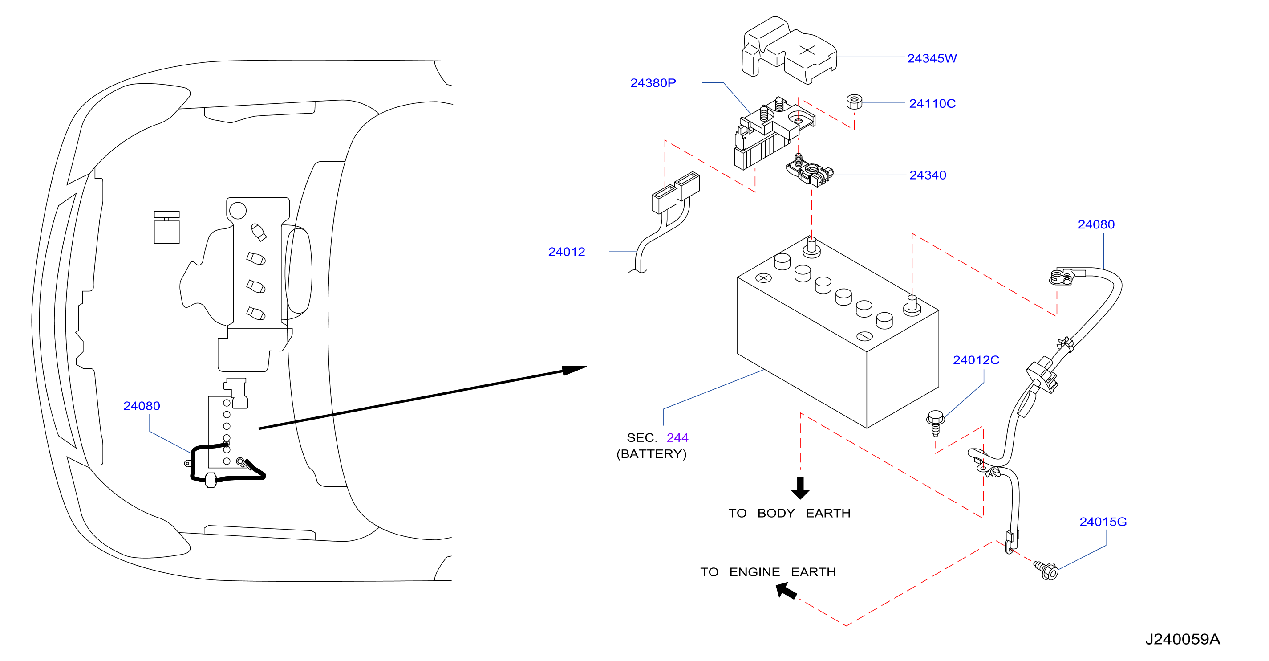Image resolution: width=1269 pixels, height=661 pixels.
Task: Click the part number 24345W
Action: click(x=932, y=58)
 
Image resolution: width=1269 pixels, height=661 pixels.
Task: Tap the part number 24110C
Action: click(x=932, y=103)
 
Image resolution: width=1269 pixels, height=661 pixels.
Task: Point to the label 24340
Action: click(x=928, y=175)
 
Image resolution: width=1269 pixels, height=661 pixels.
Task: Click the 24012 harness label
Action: click(x=567, y=252)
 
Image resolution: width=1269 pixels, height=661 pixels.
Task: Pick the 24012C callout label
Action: click(x=976, y=360)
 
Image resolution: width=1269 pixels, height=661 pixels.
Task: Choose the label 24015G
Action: click(x=1103, y=522)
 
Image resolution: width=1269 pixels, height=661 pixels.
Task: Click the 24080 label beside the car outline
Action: click(x=142, y=406)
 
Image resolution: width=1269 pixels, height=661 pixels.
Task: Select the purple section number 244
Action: click(x=677, y=438)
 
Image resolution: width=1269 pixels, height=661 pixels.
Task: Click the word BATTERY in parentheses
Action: click(x=652, y=454)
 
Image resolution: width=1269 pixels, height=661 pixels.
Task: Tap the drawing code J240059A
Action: click(x=1182, y=639)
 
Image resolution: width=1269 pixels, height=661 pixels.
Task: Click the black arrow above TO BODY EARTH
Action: click(x=800, y=487)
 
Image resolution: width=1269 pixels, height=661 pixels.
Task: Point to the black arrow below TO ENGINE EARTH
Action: click(x=786, y=591)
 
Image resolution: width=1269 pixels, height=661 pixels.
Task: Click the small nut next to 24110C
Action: click(x=854, y=102)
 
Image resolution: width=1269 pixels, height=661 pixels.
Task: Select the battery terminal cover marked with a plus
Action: click(x=789, y=50)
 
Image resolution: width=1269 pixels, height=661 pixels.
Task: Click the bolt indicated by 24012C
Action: click(x=935, y=423)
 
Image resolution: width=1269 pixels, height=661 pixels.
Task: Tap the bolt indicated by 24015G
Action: click(x=1046, y=570)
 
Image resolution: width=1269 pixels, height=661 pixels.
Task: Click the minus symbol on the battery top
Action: click(x=864, y=336)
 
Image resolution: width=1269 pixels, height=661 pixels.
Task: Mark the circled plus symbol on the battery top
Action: click(x=763, y=278)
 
